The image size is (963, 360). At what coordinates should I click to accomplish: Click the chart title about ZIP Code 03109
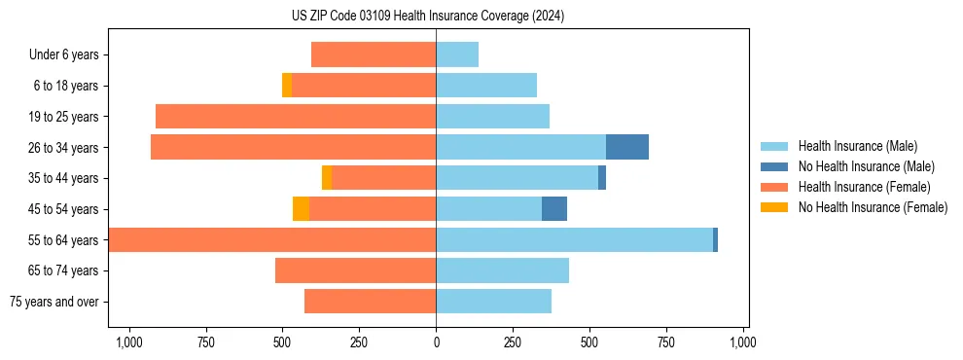tap(427, 16)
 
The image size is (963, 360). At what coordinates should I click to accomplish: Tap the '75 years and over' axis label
tap(53, 302)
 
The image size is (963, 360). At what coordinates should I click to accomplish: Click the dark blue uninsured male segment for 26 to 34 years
tap(626, 147)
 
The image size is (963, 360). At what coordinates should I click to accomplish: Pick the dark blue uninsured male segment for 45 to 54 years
tap(553, 209)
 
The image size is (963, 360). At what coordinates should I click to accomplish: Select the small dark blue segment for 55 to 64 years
tap(715, 240)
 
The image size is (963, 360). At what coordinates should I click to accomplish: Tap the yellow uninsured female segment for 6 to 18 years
tap(287, 86)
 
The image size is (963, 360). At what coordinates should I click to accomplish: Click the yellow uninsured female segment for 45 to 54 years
tap(301, 209)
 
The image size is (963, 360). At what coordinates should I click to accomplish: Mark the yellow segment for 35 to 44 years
tap(327, 178)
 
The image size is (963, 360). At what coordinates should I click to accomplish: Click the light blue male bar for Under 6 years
tap(457, 54)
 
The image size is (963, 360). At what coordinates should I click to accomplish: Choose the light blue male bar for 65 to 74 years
tap(502, 270)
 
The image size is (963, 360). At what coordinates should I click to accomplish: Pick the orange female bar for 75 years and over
tap(370, 302)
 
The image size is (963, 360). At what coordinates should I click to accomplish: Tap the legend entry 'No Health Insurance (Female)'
tap(873, 207)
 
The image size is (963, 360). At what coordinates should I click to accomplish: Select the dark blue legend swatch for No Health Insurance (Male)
tap(774, 166)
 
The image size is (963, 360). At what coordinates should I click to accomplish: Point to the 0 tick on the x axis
tap(436, 342)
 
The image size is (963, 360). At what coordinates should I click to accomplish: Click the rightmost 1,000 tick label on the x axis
tap(743, 342)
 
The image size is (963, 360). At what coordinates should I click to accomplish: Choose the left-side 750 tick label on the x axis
tap(205, 342)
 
